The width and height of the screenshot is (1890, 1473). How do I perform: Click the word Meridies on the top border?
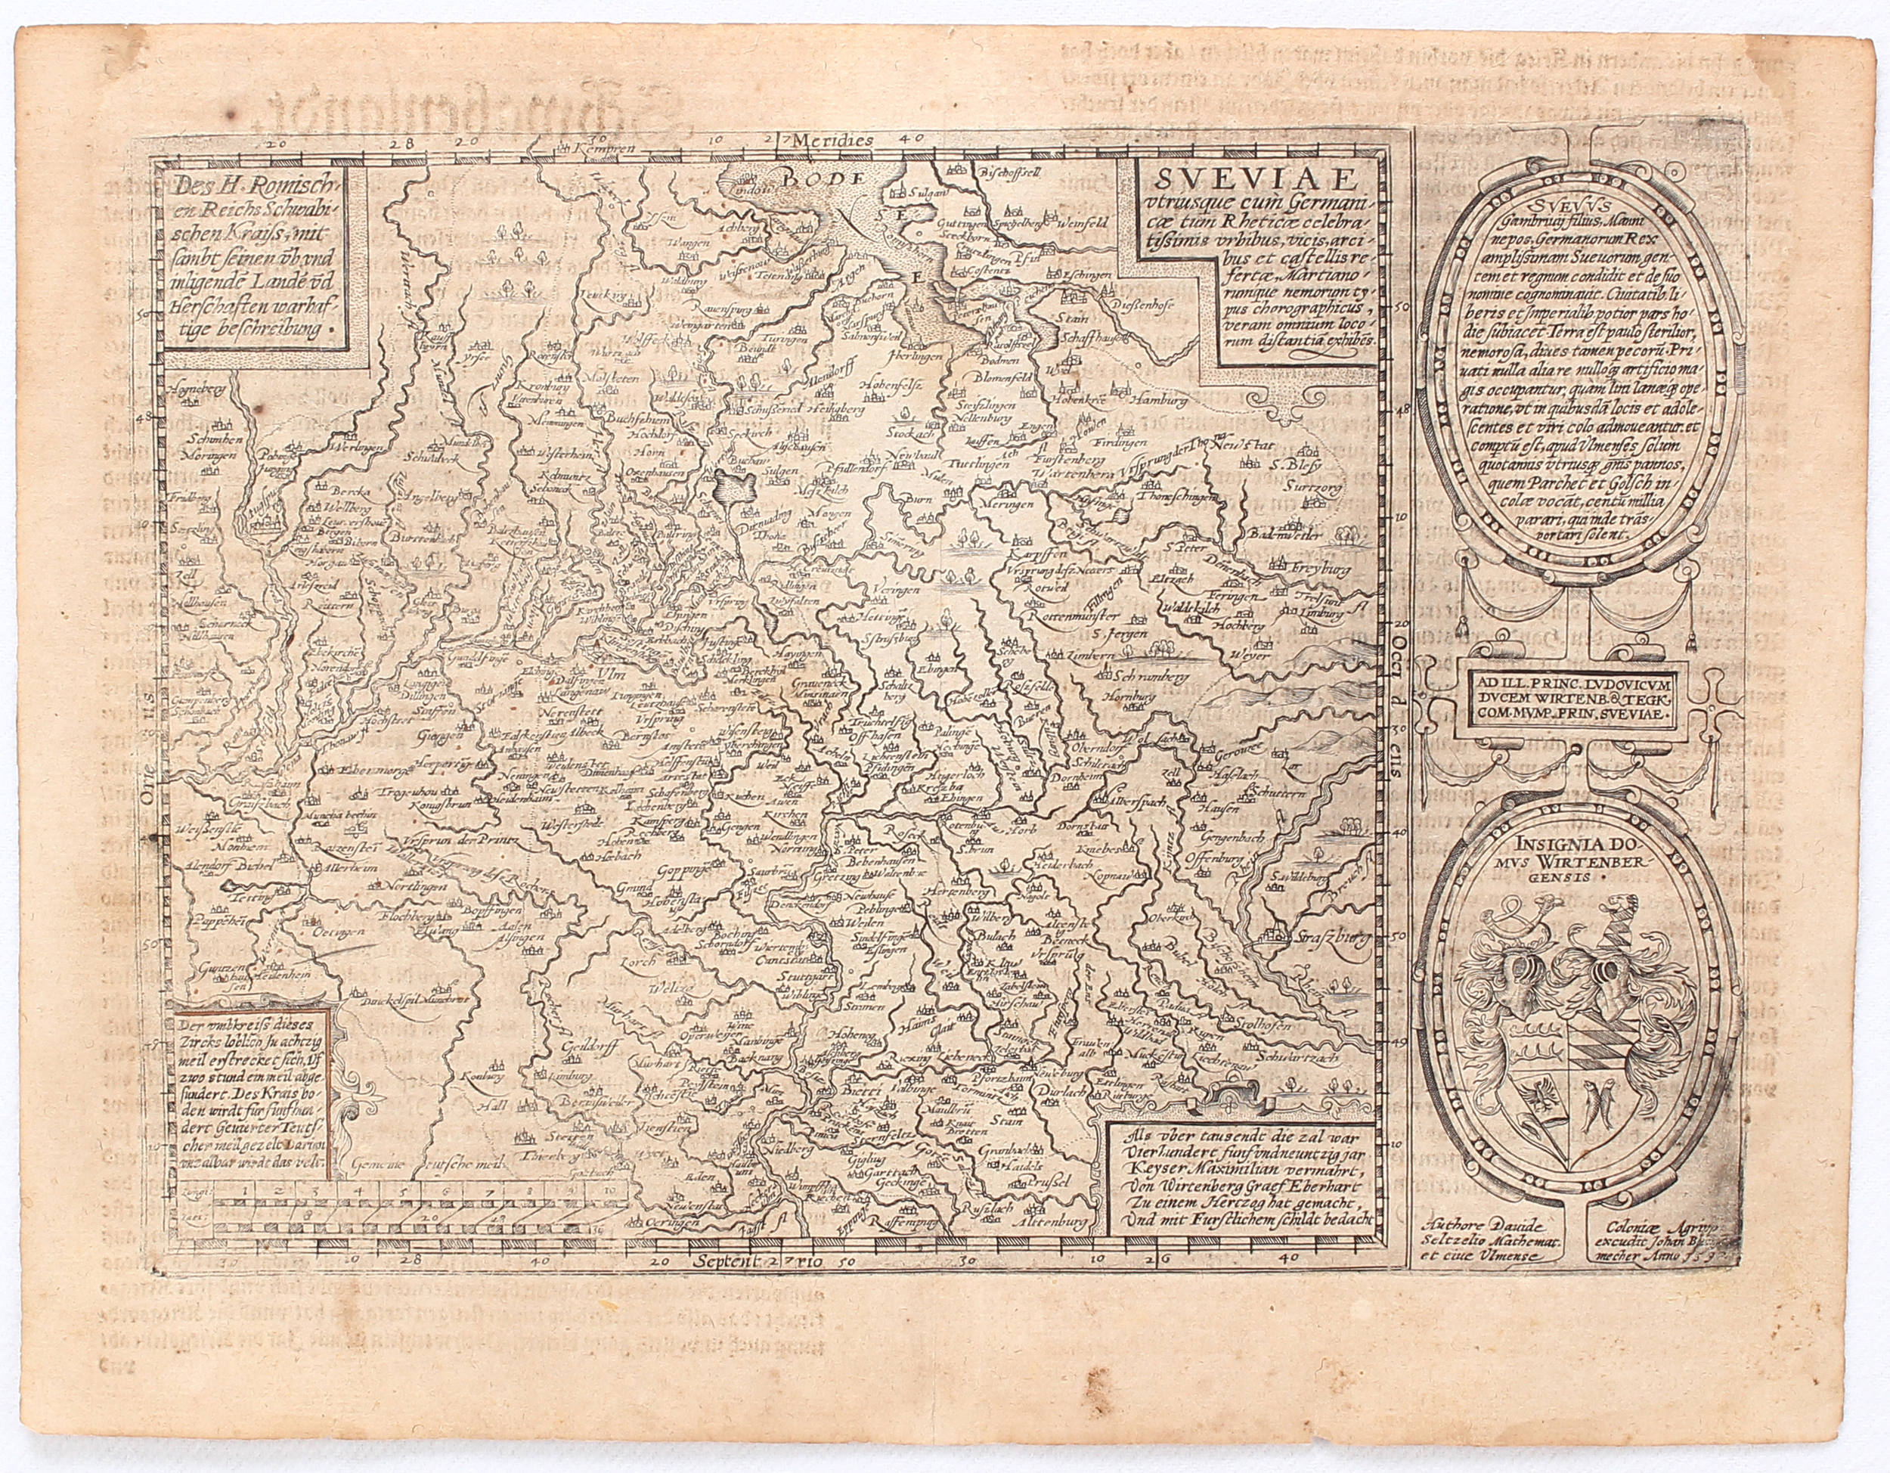(x=838, y=138)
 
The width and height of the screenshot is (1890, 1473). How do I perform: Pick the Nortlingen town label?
(x=414, y=887)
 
